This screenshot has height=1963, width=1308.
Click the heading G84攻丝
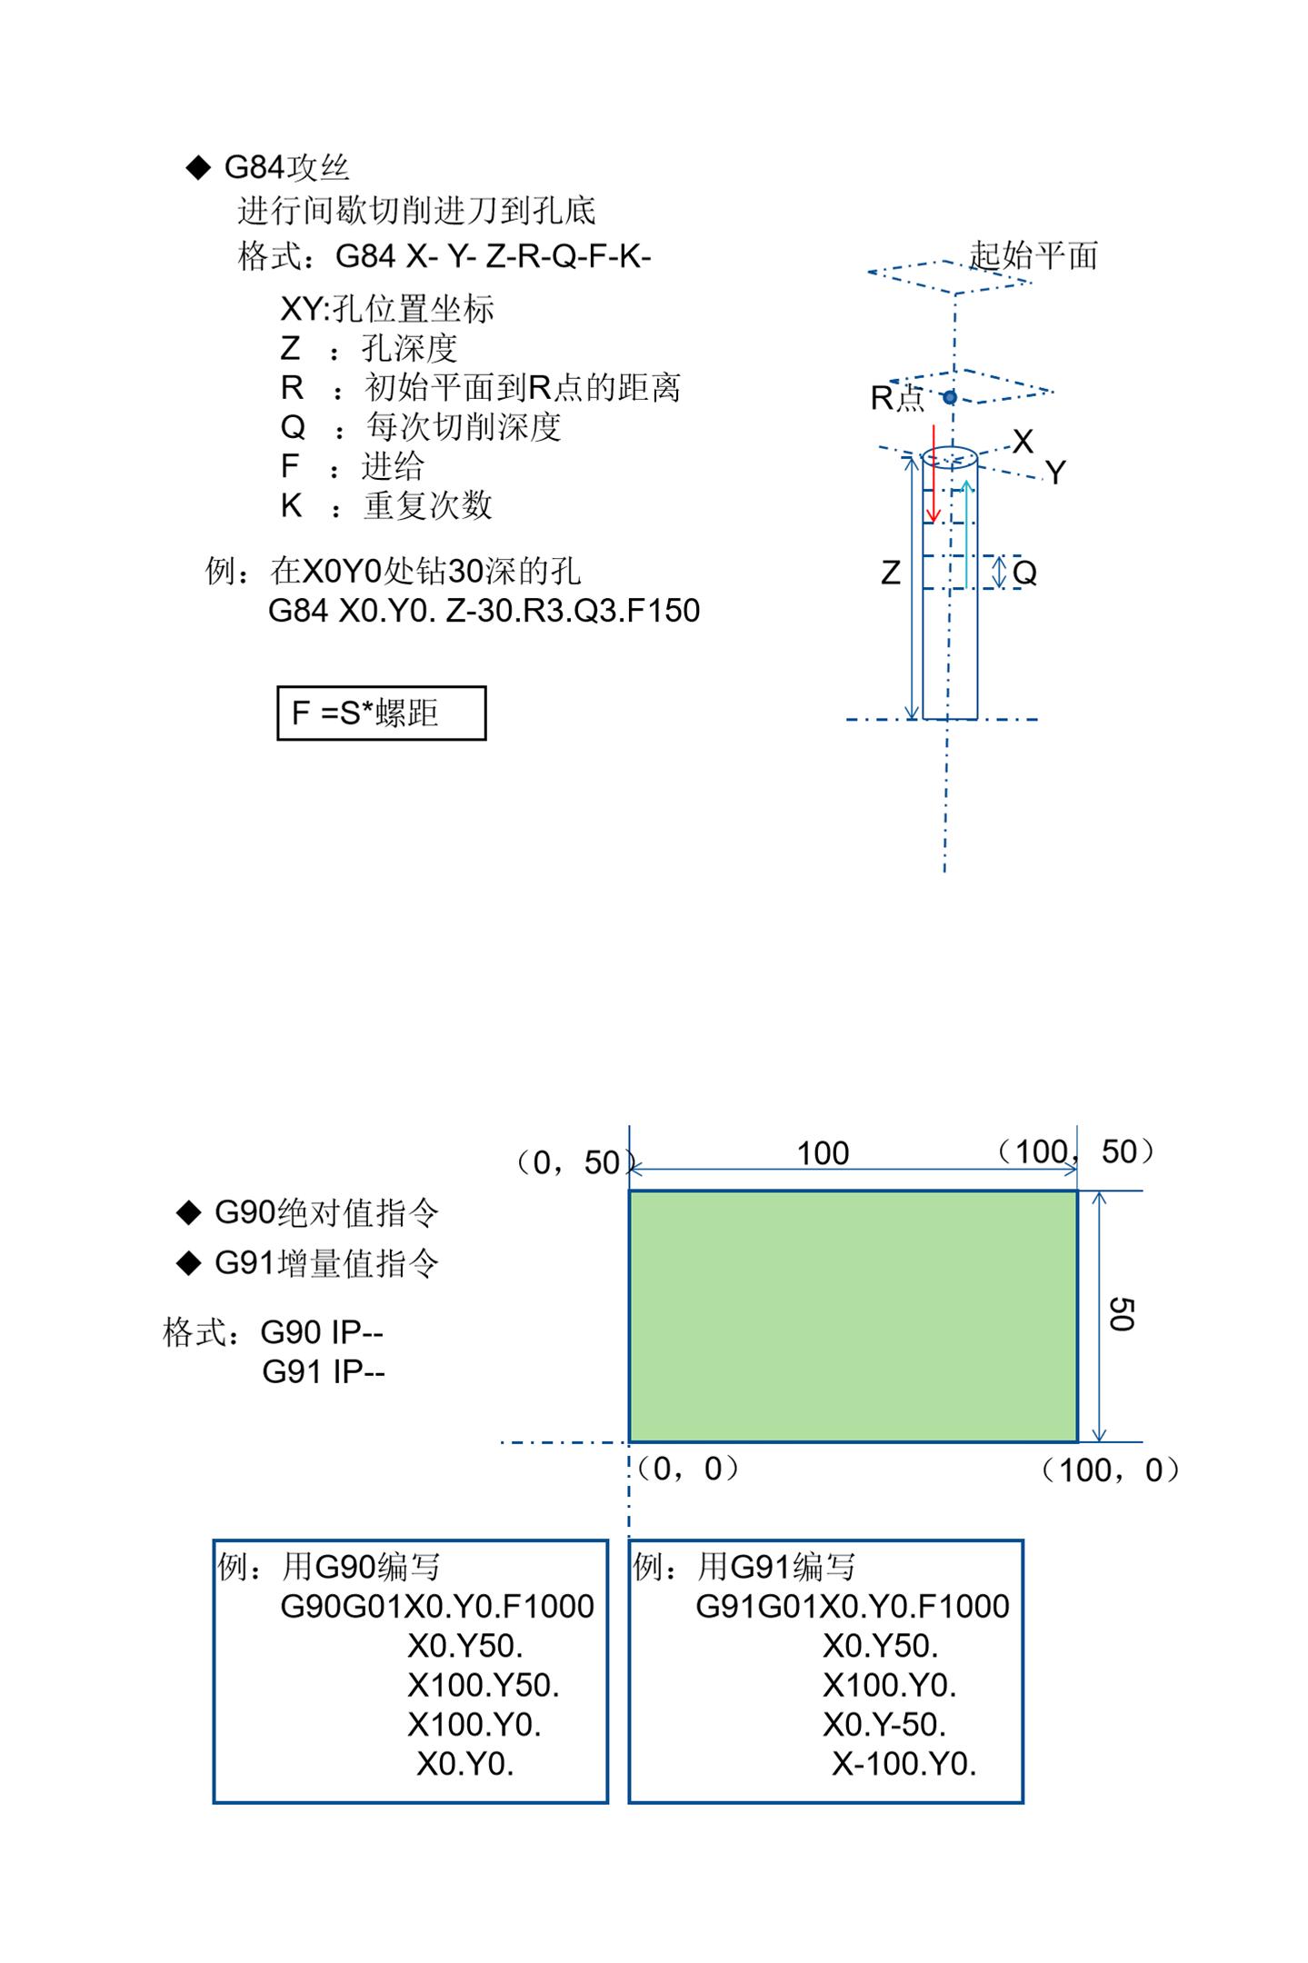pos(285,167)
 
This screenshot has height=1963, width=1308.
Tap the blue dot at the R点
pos(949,397)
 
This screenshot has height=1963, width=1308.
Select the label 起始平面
pos(1033,255)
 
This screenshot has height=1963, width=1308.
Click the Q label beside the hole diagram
pos(1024,573)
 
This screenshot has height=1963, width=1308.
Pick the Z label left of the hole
pos(891,573)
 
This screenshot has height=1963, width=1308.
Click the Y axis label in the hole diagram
pos(1054,473)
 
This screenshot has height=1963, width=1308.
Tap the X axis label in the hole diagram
pos(1023,442)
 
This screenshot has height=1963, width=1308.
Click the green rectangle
pos(853,1316)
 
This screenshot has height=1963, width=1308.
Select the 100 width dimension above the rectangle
pos(823,1153)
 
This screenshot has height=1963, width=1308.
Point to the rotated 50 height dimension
pos(1122,1314)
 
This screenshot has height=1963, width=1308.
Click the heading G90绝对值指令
pos(325,1212)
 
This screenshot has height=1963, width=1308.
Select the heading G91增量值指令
pos(325,1262)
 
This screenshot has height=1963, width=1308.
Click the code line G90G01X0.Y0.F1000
pos(436,1607)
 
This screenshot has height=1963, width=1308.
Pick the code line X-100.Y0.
pos(904,1764)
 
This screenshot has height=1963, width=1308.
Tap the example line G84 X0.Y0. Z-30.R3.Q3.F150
pos(484,611)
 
